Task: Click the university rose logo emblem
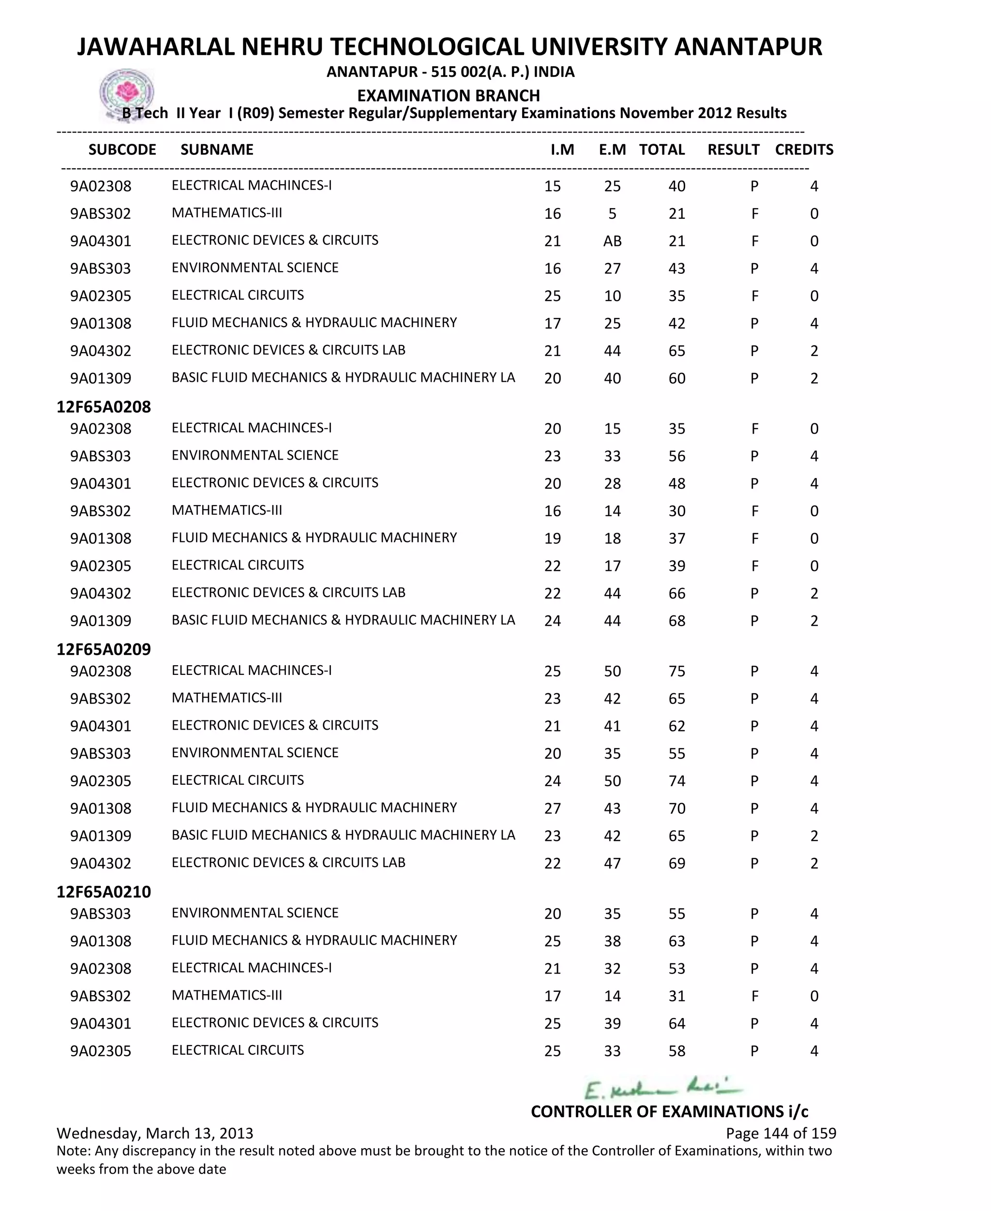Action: [x=127, y=92]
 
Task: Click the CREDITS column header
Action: [x=804, y=150]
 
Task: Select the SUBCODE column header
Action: [x=122, y=150]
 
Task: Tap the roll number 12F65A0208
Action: [x=104, y=407]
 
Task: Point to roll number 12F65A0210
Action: [x=104, y=891]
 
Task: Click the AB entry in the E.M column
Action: [x=612, y=241]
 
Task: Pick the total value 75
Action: [x=676, y=671]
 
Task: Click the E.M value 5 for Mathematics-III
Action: [x=612, y=213]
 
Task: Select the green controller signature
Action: [x=662, y=1088]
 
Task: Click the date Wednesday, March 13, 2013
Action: [x=155, y=1133]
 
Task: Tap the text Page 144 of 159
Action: [x=781, y=1133]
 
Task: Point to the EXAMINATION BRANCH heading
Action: [x=448, y=95]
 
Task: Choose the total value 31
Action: [x=676, y=996]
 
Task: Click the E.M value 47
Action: [x=612, y=863]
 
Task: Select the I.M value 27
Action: [x=552, y=808]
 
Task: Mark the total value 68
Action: [x=676, y=620]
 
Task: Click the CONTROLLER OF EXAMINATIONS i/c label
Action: [x=669, y=1111]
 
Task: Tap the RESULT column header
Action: [x=733, y=150]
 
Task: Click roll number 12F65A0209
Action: [x=104, y=649]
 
